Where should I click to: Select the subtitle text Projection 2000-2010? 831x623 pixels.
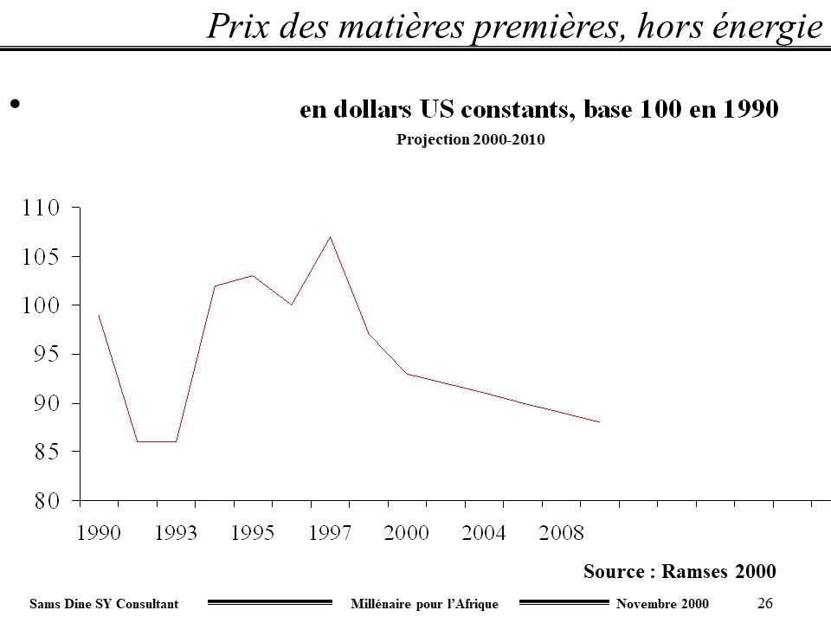click(x=471, y=139)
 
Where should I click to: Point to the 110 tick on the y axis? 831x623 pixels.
click(x=41, y=209)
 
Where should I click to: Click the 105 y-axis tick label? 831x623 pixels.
click(x=41, y=257)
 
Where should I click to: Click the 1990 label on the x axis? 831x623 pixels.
click(x=99, y=533)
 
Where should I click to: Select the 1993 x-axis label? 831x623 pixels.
click(x=176, y=533)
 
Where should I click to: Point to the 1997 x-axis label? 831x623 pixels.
click(x=329, y=533)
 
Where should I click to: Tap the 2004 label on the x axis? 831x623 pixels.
click(x=483, y=533)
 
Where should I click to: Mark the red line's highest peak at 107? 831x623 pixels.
click(x=330, y=237)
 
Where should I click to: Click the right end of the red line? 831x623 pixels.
click(x=599, y=422)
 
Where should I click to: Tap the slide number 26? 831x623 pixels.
click(x=764, y=602)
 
